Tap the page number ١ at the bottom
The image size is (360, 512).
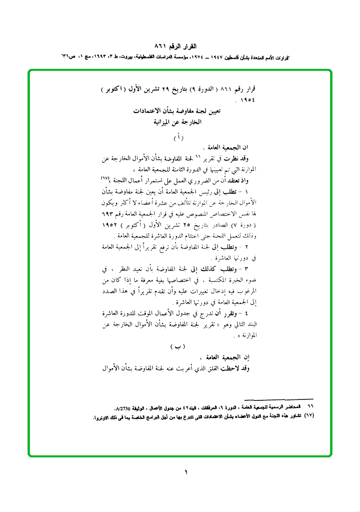tap(186, 472)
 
